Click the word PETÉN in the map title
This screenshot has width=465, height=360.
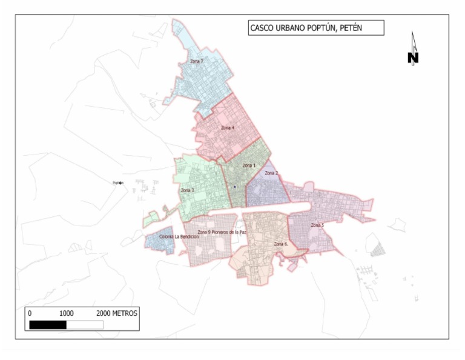[349, 28]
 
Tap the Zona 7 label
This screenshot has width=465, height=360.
[196, 61]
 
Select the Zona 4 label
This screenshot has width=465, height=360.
[228, 128]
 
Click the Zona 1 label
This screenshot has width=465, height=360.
[249, 165]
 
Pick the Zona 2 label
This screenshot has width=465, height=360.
[271, 173]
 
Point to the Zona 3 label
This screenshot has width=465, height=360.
[187, 190]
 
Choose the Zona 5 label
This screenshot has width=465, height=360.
[317, 225]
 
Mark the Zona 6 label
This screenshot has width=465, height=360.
[281, 244]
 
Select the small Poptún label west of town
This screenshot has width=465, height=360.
[118, 183]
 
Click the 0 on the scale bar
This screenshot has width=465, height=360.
[30, 314]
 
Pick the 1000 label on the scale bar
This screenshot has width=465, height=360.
[66, 314]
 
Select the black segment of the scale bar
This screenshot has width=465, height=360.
[47, 325]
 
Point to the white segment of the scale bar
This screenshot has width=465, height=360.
[84, 325]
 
